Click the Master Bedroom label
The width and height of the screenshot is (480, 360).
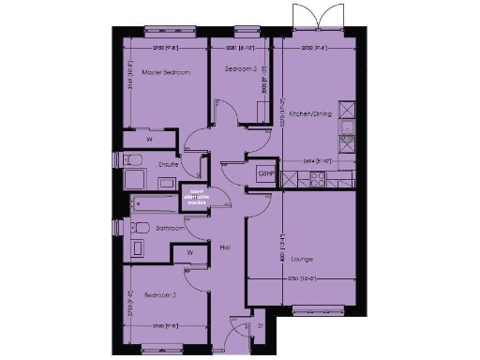point(166,72)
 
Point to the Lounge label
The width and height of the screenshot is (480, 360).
point(302,259)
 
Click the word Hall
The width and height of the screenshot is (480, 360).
point(225,247)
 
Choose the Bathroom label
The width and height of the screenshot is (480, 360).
point(169,228)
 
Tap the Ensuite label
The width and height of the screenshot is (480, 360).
point(169,165)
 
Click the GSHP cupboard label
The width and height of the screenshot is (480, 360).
point(265,174)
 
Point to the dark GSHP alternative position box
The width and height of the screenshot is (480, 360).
point(196,199)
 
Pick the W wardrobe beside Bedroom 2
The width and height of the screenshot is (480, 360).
point(190,252)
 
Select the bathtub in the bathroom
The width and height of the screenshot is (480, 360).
point(150,202)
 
